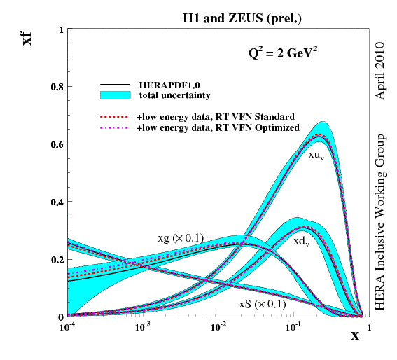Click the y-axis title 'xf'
pos(27,36)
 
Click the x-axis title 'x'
pos(355,336)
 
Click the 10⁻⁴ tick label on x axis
pos(68,326)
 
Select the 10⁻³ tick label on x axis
pos(143,326)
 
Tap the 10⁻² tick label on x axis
pos(218,326)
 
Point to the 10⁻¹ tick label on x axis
pos(293,326)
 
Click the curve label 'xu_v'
pos(316,155)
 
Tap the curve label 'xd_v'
pos(302,240)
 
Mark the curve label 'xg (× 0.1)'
pos(181,238)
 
